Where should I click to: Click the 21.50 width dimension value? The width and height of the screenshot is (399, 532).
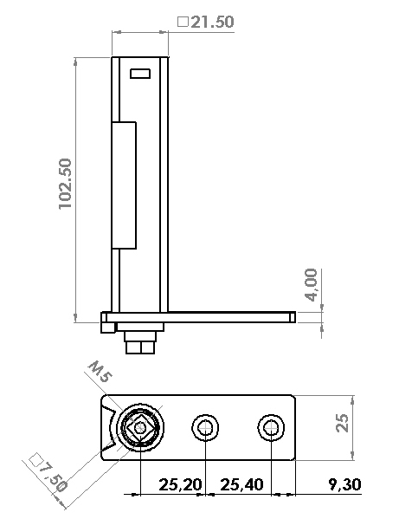point(212,22)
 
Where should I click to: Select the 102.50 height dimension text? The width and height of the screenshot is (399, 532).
point(65,184)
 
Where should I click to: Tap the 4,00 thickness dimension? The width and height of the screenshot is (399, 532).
point(311,285)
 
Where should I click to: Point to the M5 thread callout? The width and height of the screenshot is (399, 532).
point(100,372)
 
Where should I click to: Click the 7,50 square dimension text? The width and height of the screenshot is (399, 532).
point(53,477)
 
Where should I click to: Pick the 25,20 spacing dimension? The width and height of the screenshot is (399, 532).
point(180,484)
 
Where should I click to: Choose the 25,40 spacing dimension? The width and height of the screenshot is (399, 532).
point(241,484)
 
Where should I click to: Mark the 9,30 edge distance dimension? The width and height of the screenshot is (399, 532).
point(344,484)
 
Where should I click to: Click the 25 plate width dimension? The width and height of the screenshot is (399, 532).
point(342,423)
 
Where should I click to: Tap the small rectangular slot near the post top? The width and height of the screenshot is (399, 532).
point(140,74)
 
